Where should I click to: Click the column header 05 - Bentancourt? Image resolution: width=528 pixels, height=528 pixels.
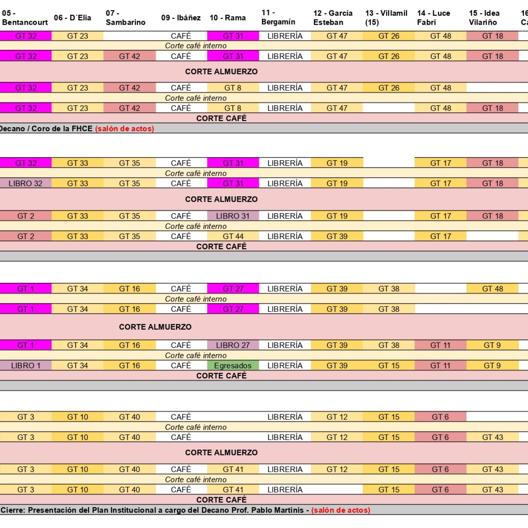point(25,18)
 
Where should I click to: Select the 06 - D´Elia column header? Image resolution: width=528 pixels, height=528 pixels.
point(73,18)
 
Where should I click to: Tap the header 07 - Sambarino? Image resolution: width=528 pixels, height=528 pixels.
point(125,18)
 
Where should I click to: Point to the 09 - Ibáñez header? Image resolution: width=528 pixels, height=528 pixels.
point(181,18)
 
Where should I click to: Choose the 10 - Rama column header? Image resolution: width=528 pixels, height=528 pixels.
point(228,18)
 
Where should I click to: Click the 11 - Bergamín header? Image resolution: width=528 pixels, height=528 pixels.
point(278,18)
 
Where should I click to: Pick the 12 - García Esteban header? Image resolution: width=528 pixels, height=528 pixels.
point(333,18)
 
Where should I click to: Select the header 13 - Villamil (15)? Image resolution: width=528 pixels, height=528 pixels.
point(386,18)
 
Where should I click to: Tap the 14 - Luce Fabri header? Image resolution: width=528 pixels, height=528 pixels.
point(433,18)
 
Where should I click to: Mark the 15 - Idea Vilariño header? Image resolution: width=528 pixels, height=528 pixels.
point(484,18)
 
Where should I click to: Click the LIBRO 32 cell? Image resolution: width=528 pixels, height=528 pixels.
point(25,184)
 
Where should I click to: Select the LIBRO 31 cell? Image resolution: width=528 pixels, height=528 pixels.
point(233,216)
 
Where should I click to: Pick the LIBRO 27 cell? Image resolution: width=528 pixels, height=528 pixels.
point(233,345)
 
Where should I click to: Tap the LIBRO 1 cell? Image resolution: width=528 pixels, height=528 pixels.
point(25,366)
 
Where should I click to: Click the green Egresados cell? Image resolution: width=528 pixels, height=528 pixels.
point(233,366)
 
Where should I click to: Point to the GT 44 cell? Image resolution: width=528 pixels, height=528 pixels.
point(233,236)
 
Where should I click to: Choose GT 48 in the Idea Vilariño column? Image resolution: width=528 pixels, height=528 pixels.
point(492,289)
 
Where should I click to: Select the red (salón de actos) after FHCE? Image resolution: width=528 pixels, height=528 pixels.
point(124,129)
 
